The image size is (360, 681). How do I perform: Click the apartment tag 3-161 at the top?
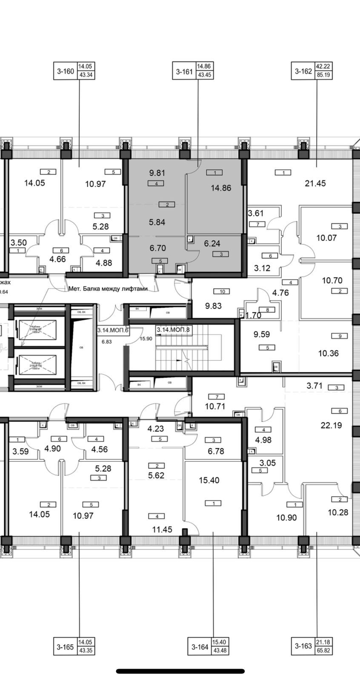click(184, 71)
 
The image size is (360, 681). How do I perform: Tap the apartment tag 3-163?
click(303, 646)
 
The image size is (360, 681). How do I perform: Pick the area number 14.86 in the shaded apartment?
click(221, 188)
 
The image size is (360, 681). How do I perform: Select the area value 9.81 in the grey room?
click(157, 173)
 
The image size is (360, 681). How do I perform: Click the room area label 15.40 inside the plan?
click(209, 480)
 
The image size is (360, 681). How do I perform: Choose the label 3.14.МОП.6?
click(113, 330)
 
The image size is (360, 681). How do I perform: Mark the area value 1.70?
click(254, 315)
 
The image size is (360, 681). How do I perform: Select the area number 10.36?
click(328, 353)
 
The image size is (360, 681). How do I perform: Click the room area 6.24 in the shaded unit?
click(212, 243)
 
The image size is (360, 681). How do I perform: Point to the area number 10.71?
click(215, 406)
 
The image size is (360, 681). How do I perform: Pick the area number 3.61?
click(257, 213)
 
